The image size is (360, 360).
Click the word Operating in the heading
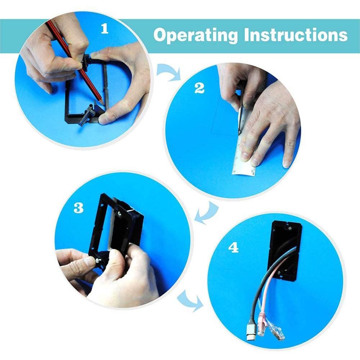195,36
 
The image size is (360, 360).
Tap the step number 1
105,29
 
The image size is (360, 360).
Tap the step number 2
199,89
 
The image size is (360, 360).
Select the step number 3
78,208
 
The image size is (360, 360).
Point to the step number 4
233,248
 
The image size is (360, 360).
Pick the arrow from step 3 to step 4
190,300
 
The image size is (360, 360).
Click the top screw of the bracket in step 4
290,228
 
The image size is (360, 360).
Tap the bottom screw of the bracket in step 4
279,273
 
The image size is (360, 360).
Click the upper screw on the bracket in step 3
120,214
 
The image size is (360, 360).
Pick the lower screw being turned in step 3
99,260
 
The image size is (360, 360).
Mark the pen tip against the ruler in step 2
239,134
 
